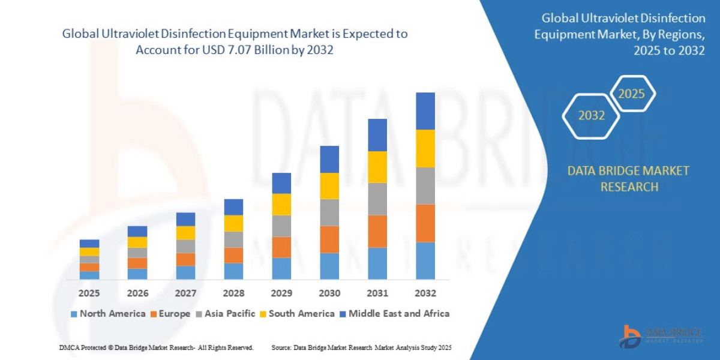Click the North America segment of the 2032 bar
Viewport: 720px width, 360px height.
(425, 260)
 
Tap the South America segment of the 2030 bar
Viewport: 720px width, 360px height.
(329, 185)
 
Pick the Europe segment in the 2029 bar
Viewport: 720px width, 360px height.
(281, 247)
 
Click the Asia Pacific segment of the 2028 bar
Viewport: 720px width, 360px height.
(233, 239)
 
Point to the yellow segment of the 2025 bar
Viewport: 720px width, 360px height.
(89, 251)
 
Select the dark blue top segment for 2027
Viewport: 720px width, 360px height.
(185, 219)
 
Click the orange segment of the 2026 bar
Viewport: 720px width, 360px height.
(137, 263)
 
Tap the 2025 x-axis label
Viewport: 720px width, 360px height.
(89, 293)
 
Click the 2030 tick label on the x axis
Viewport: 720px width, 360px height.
(329, 293)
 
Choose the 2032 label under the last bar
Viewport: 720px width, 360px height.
(425, 293)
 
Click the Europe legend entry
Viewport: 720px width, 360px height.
(170, 314)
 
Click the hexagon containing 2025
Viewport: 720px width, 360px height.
(631, 94)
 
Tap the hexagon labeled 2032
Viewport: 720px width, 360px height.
(591, 116)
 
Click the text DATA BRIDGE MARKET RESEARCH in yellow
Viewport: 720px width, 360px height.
(628, 179)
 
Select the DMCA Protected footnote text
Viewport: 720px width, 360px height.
(156, 347)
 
